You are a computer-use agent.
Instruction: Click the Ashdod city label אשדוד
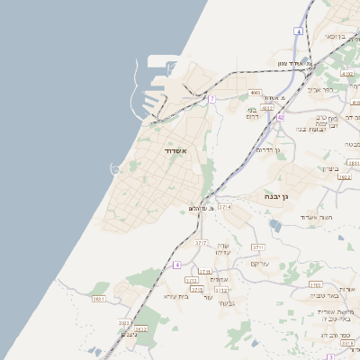tap(175, 151)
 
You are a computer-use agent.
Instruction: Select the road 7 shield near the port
tap(211, 99)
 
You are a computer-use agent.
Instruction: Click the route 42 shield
tap(281, 117)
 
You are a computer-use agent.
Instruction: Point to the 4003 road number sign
tap(255, 93)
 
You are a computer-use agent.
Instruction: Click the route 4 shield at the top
tap(298, 31)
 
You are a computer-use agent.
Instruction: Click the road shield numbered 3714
tap(224, 207)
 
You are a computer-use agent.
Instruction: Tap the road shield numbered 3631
tap(99, 299)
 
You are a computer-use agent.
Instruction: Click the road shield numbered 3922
tap(344, 177)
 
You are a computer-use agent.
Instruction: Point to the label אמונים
tap(217, 279)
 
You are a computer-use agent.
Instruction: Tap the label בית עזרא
tap(175, 295)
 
